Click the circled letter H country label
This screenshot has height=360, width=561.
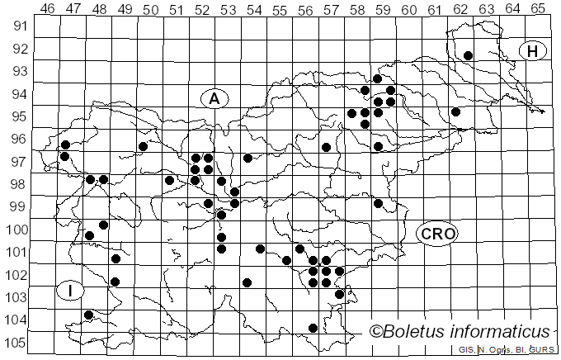click(533, 51)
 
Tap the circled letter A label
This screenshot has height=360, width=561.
click(214, 99)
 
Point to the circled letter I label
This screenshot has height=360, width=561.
click(71, 291)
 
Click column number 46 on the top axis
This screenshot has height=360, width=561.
click(47, 9)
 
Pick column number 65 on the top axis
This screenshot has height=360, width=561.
click(538, 9)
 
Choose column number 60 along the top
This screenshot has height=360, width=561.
click(408, 9)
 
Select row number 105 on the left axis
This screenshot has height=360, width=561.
click(18, 343)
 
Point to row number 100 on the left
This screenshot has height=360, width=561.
click(18, 230)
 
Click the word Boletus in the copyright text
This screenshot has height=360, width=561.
click(419, 332)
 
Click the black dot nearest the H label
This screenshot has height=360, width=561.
click(468, 55)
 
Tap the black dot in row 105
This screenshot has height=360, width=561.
click(313, 328)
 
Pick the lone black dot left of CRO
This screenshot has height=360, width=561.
click(378, 203)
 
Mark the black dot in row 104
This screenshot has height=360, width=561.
click(89, 315)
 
